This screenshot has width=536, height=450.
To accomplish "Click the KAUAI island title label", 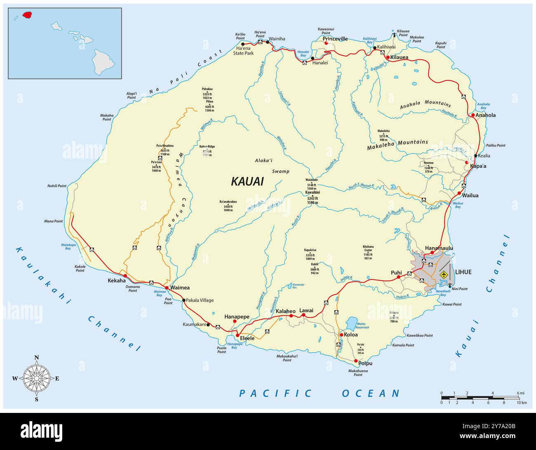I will (x=247, y=181).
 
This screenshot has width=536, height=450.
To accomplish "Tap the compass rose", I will (x=37, y=378).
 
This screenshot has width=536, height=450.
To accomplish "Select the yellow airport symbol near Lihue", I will (x=444, y=274).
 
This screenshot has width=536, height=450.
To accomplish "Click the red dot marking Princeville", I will (x=326, y=43).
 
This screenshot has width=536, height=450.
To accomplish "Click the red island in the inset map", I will (x=27, y=15).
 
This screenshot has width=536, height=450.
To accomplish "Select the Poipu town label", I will (x=365, y=363).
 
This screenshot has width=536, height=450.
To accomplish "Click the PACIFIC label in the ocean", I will (x=275, y=393).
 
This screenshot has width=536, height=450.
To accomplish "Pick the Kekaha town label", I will (x=117, y=280).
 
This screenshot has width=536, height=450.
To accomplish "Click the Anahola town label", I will (x=485, y=115).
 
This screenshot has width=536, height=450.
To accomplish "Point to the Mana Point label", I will (x=54, y=221).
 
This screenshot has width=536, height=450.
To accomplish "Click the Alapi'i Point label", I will (x=131, y=96).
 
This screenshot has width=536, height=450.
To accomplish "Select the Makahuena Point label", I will (x=358, y=373).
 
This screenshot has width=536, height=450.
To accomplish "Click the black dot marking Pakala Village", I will (x=184, y=300).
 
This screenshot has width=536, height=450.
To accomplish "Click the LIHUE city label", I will (x=463, y=272).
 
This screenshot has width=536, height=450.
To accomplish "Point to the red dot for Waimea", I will (x=167, y=288).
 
